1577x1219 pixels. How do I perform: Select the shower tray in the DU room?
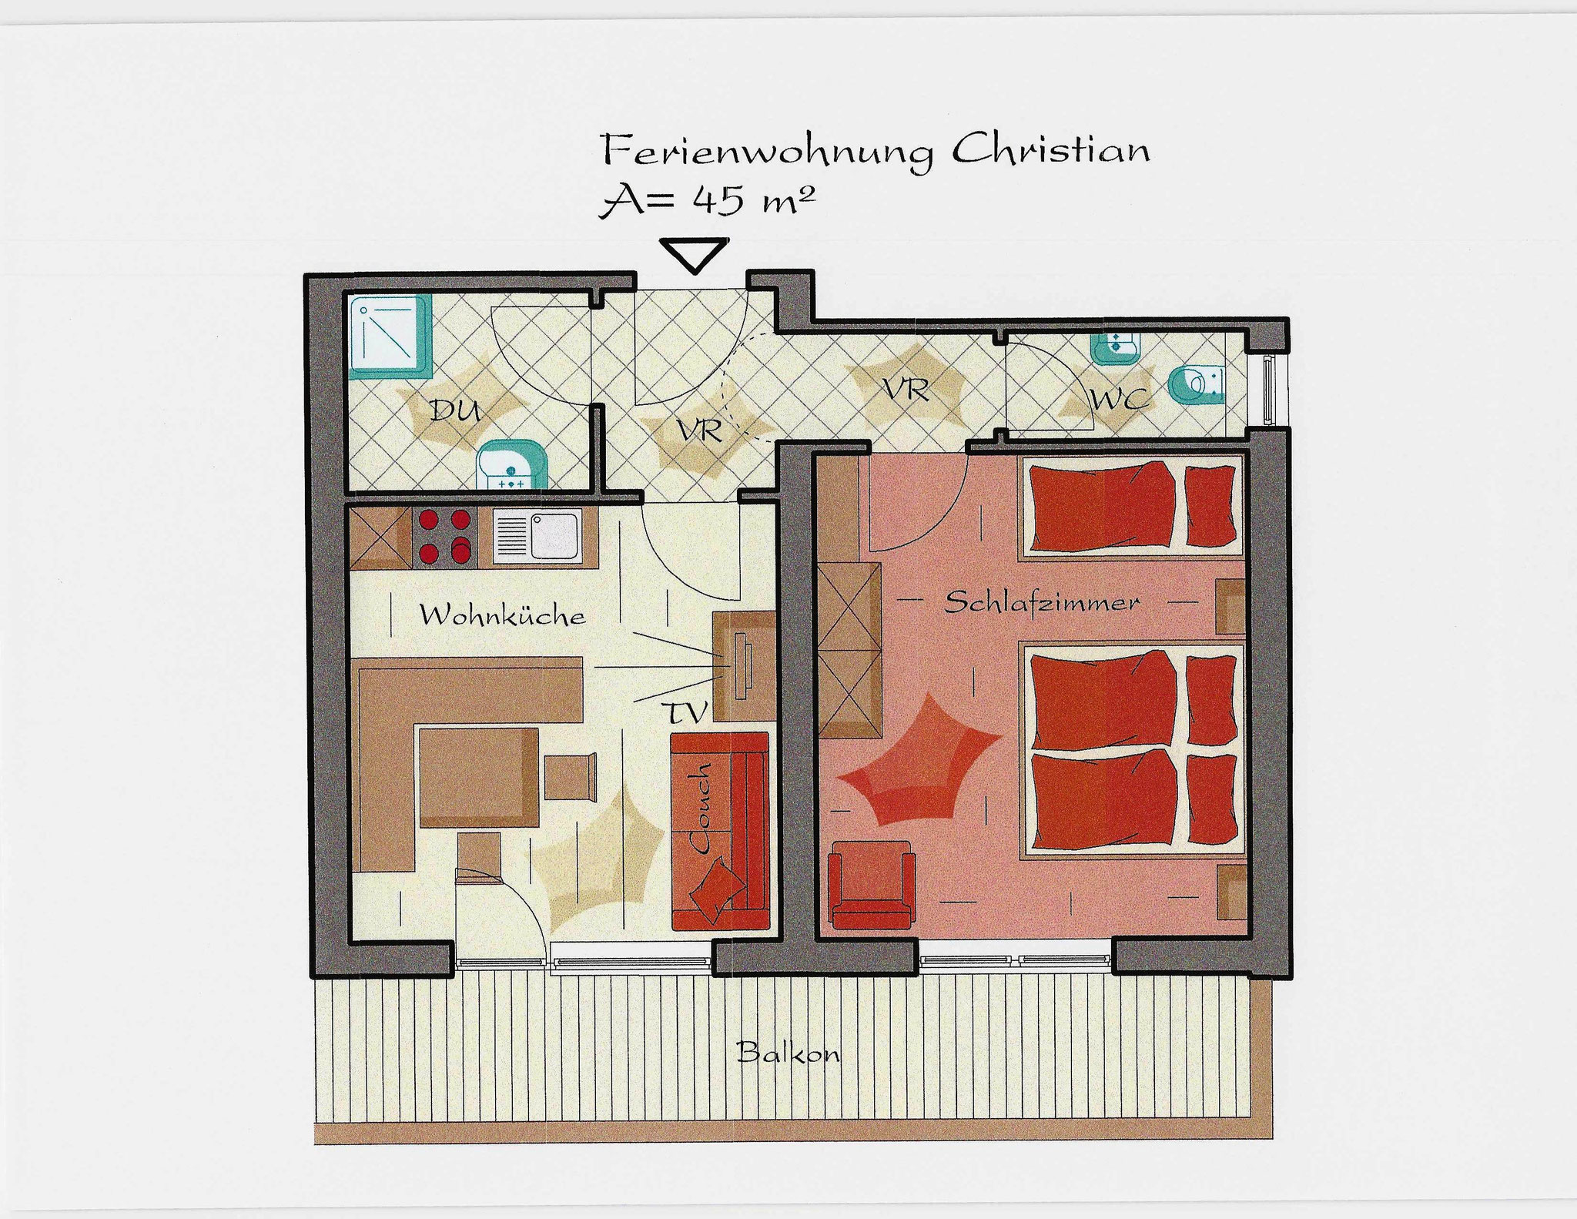(390, 337)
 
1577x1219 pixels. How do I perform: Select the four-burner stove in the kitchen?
(444, 537)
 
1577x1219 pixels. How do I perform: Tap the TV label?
(687, 712)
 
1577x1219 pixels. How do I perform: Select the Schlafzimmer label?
(1042, 601)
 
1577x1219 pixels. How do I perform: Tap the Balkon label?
(788, 1052)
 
